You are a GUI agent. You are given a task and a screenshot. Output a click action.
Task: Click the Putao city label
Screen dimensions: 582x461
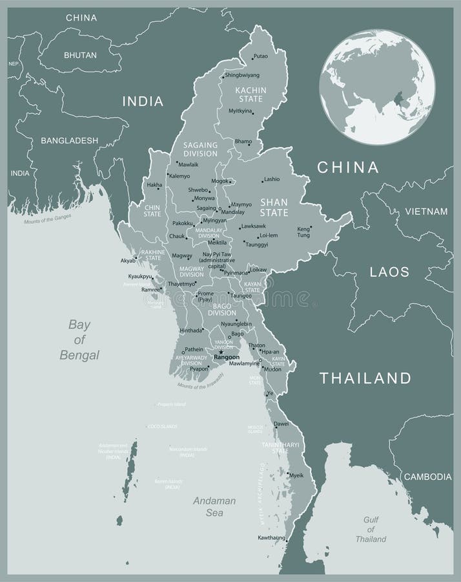click(x=261, y=56)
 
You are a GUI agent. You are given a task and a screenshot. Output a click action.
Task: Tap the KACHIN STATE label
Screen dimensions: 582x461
click(x=249, y=94)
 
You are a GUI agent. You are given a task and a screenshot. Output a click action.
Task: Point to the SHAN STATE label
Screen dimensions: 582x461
click(x=274, y=206)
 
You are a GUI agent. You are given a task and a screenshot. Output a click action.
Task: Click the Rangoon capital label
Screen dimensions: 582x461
click(x=227, y=357)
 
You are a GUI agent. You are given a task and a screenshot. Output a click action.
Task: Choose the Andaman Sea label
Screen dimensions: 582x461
click(x=214, y=506)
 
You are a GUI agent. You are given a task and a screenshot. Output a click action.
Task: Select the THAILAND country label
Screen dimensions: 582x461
click(x=365, y=378)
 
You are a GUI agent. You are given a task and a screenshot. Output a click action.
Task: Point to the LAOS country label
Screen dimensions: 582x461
click(x=389, y=272)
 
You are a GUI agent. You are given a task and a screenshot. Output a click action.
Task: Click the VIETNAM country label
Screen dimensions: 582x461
click(x=426, y=211)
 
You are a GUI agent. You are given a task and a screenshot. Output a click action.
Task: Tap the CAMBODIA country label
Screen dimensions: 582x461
click(x=427, y=477)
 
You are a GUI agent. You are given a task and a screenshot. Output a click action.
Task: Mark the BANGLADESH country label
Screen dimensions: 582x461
click(x=69, y=140)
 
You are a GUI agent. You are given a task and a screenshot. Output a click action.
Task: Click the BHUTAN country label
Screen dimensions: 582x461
click(x=80, y=56)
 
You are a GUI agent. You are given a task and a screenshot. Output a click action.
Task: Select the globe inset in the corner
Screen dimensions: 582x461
click(x=377, y=87)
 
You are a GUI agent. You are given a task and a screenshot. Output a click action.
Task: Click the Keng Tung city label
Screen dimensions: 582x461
click(x=303, y=232)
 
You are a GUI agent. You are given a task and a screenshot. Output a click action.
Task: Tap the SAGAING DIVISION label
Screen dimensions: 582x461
click(x=200, y=149)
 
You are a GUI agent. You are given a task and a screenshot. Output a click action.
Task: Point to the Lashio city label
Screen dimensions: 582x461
click(x=271, y=179)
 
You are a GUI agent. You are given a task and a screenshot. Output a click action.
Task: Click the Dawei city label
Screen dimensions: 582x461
click(x=281, y=424)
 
